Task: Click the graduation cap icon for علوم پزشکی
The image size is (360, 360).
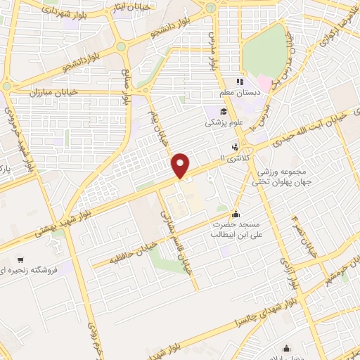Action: pyautogui.click(x=223, y=111)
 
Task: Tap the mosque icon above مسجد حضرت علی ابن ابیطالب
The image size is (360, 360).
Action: pyautogui.click(x=234, y=214)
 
